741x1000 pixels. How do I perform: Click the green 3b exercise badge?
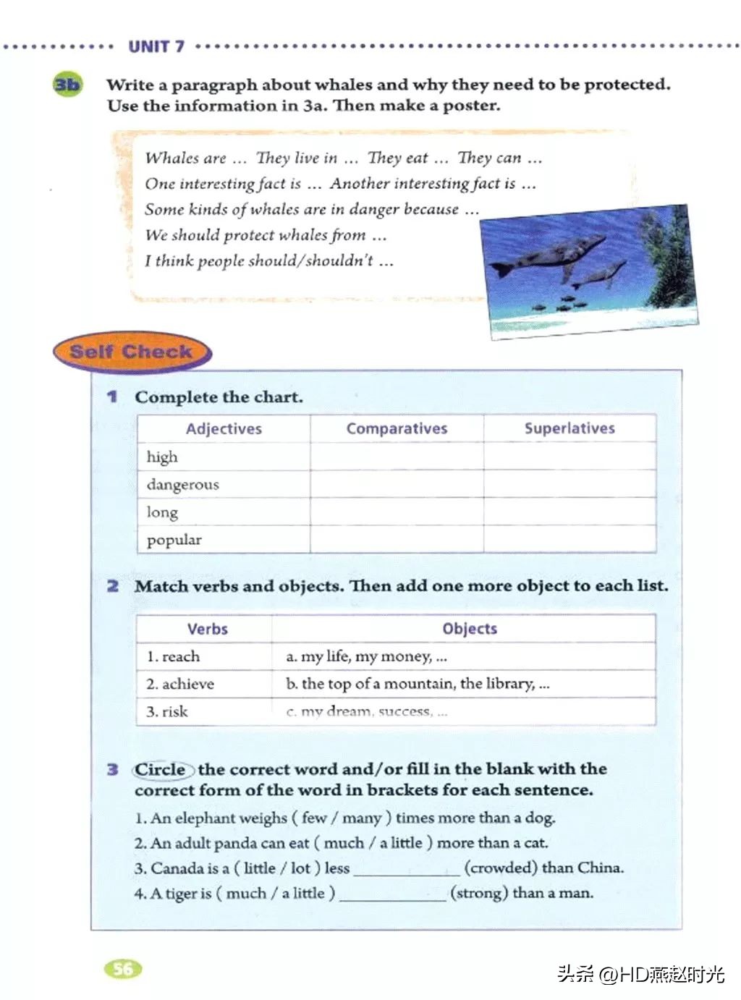click(x=67, y=85)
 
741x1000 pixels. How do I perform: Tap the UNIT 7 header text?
click(x=156, y=47)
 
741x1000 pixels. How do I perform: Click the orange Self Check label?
click(x=131, y=352)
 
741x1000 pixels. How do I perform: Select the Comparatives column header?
click(x=397, y=428)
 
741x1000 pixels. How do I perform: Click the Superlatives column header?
click(x=569, y=428)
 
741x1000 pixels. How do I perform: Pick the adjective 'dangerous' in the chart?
click(x=182, y=484)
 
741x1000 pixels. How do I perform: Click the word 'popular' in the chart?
click(x=174, y=540)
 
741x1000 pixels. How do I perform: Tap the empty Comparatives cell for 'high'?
click(x=397, y=457)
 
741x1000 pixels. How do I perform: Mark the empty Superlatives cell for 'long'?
click(x=569, y=512)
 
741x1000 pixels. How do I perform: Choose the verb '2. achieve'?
click(x=180, y=684)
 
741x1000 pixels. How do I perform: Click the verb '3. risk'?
click(x=167, y=711)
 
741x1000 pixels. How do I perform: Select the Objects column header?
click(x=470, y=629)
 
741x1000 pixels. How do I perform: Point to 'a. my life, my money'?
click(x=366, y=656)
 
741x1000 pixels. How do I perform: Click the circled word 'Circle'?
click(x=161, y=769)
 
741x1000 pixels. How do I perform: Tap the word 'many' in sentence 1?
click(x=361, y=818)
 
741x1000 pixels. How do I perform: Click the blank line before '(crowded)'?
click(x=407, y=869)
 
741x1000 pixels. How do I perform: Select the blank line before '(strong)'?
click(x=393, y=894)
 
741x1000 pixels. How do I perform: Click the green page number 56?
click(x=123, y=968)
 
